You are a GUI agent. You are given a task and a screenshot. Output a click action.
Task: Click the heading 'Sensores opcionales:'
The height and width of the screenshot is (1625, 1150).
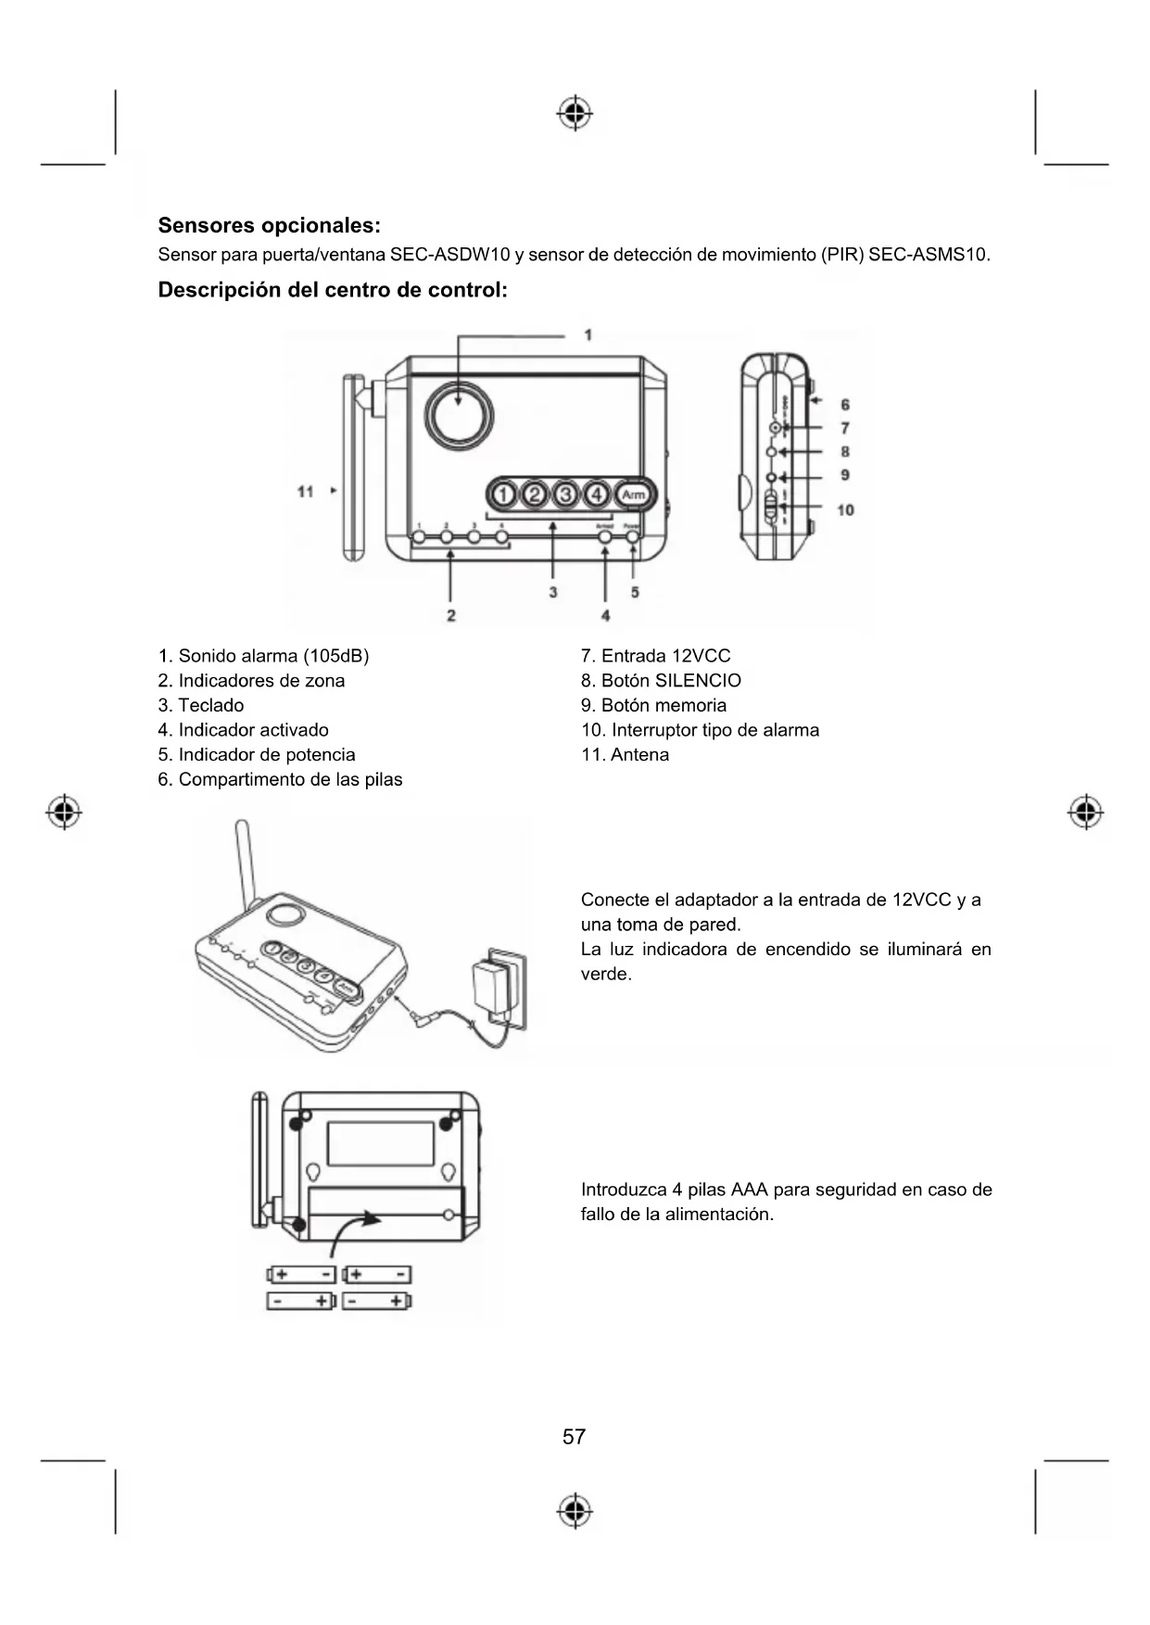coord(269,225)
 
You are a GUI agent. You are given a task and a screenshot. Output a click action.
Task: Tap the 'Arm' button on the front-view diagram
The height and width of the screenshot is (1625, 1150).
coord(634,495)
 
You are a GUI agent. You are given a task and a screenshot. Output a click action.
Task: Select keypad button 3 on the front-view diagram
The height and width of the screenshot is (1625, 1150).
coord(565,495)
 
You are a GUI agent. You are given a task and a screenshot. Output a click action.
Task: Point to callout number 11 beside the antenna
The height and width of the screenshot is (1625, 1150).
coord(306,491)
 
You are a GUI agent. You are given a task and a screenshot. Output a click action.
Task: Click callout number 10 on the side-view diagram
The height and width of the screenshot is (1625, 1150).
coord(845,510)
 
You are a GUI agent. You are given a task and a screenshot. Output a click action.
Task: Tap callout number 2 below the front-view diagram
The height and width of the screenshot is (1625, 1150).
coord(450,615)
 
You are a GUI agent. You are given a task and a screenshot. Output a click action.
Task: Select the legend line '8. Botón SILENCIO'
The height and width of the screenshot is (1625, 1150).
coord(661,680)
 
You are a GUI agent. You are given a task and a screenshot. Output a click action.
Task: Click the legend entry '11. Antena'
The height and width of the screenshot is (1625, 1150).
coord(625,754)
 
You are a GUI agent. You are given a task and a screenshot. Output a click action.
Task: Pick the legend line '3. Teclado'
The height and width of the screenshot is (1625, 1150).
coord(201,705)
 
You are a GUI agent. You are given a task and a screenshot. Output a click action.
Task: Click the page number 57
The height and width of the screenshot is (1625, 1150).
coord(574,1436)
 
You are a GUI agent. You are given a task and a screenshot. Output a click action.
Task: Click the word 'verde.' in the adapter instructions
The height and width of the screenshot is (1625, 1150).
coord(606,974)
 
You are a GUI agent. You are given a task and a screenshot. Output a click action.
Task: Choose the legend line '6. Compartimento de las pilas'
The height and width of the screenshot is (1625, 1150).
coord(280,779)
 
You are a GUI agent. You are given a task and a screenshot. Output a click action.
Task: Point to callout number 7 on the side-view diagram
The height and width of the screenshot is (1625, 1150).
coord(845,428)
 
